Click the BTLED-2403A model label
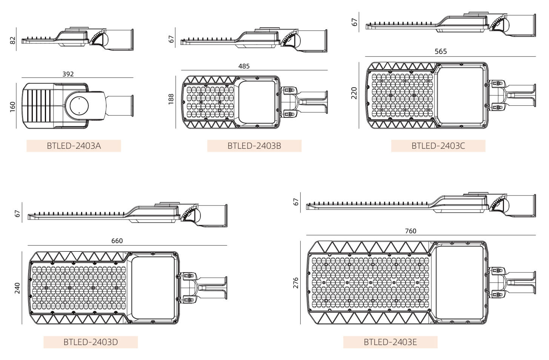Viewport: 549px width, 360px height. pyautogui.click(x=74, y=146)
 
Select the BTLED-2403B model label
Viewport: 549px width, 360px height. pyautogui.click(x=254, y=146)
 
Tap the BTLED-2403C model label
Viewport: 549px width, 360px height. pyautogui.click(x=438, y=146)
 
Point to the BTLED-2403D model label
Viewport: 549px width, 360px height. pyautogui.click(x=91, y=342)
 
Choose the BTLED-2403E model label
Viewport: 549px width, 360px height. pyautogui.click(x=390, y=342)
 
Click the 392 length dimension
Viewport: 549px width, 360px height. pyautogui.click(x=68, y=74)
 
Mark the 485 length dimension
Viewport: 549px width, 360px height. pyautogui.click(x=244, y=66)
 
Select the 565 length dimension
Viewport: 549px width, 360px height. pyautogui.click(x=441, y=51)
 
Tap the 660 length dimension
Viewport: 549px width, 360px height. pyautogui.click(x=117, y=241)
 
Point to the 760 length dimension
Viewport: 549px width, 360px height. pyautogui.click(x=411, y=231)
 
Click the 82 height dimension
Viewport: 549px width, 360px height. pyautogui.click(x=13, y=40)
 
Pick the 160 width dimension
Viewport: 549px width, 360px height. pyautogui.click(x=12, y=107)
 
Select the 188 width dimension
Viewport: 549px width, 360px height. pyautogui.click(x=171, y=99)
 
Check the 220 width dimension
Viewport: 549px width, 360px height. pyautogui.click(x=354, y=93)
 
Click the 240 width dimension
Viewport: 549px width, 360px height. pyautogui.click(x=17, y=288)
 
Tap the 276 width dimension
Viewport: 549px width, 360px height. pyautogui.click(x=296, y=283)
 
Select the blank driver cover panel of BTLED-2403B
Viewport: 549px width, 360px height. pyautogui.click(x=257, y=102)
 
